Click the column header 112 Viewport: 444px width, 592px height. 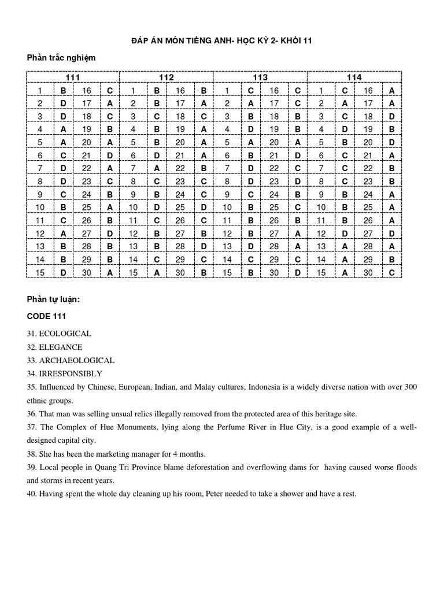[166, 77]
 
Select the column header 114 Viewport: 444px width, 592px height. [354, 77]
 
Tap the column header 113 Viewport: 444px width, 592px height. [260, 77]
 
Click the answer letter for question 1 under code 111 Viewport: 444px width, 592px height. [63, 90]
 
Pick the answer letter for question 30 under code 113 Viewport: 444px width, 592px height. [297, 272]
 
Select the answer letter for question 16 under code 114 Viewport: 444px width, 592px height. [391, 90]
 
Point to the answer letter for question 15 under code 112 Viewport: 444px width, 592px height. [157, 272]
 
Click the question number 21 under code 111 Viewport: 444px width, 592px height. [87, 156]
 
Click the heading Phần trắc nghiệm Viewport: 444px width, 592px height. [61, 58]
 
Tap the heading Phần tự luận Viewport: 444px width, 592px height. [53, 299]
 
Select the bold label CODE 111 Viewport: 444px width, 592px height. [46, 316]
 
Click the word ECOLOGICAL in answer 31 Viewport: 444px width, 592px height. [65, 334]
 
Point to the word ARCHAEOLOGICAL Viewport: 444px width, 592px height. [76, 360]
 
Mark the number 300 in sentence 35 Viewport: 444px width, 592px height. [409, 387]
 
